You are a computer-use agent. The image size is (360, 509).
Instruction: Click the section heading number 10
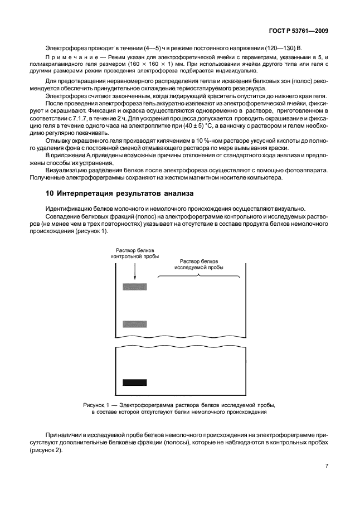pyautogui.click(x=49, y=193)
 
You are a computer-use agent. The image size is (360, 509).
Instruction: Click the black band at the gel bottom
pyautogui.click(x=134, y=382)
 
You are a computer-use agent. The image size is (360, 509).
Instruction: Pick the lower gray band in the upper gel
pyautogui.click(x=134, y=324)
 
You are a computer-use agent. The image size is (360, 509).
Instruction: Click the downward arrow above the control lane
pyautogui.click(x=134, y=270)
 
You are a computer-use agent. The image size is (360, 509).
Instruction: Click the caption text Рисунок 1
pyautogui.click(x=97, y=405)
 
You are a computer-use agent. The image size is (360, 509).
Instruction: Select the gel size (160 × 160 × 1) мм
pyautogui.click(x=136, y=65)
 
